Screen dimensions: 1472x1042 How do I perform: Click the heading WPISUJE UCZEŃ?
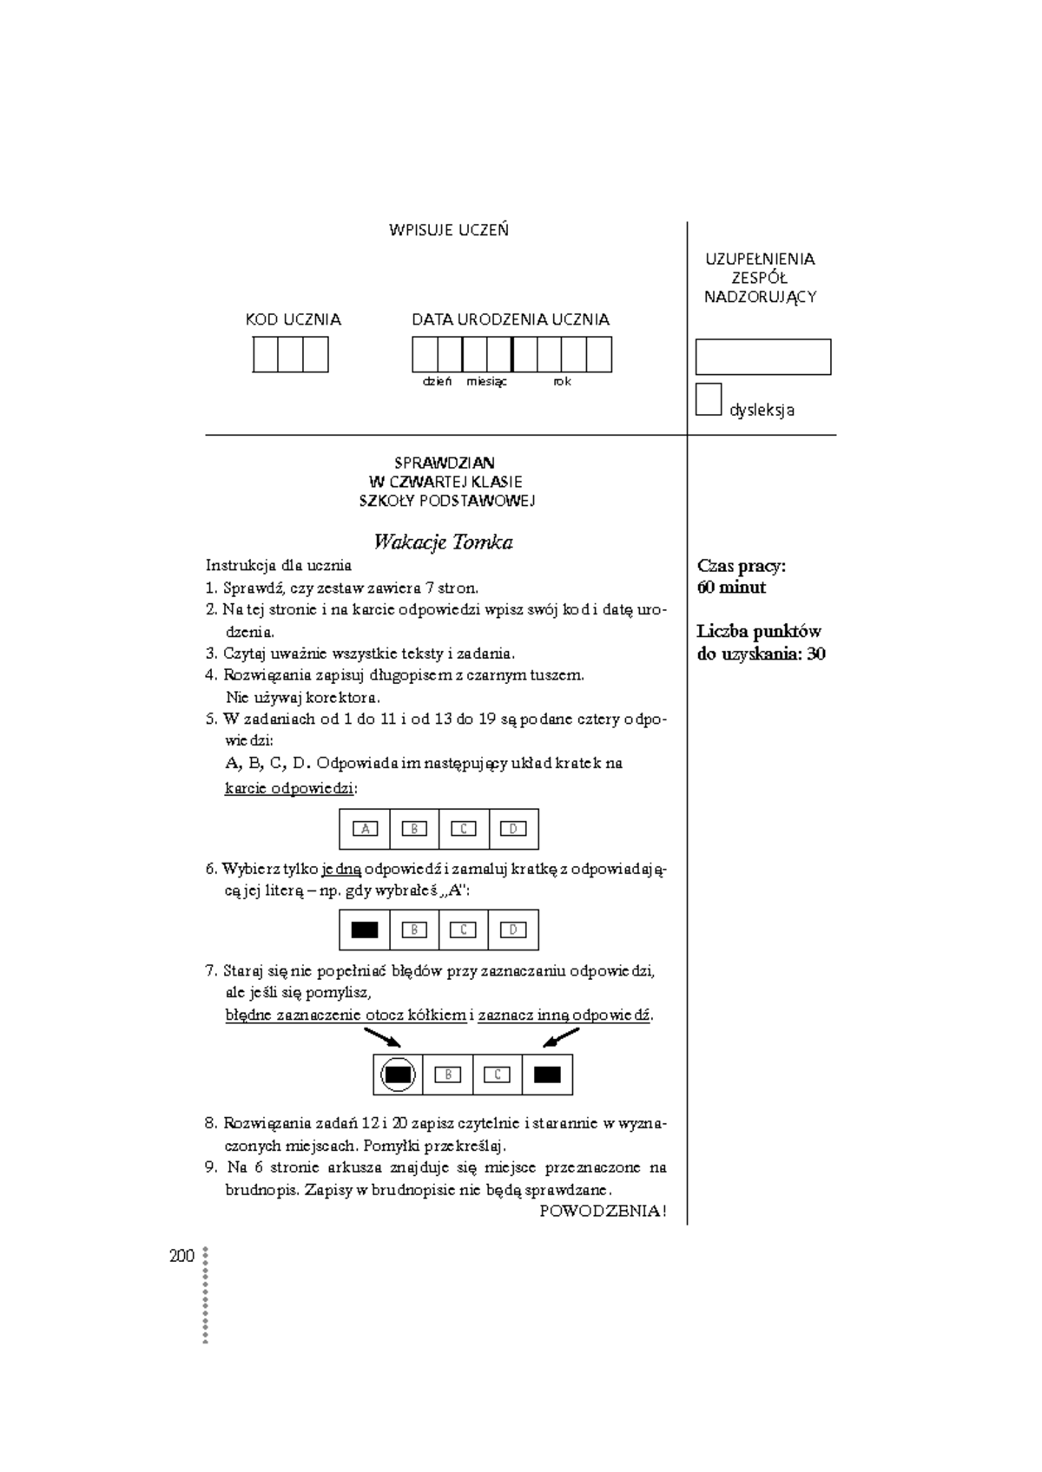click(448, 230)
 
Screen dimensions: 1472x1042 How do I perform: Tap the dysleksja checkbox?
click(709, 399)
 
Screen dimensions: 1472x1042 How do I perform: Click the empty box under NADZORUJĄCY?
click(762, 357)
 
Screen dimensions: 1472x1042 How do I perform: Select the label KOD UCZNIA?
click(293, 319)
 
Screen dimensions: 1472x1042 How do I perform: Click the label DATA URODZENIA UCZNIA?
click(511, 319)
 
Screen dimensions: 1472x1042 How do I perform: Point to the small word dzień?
click(437, 382)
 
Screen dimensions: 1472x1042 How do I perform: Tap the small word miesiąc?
click(486, 382)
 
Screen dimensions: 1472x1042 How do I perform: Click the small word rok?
click(562, 382)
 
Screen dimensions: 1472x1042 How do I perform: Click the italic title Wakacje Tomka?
click(443, 542)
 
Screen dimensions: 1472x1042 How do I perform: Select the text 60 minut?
click(731, 588)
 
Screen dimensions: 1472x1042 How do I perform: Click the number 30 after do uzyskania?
click(815, 654)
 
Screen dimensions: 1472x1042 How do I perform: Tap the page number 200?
click(181, 1256)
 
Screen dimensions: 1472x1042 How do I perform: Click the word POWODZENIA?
click(603, 1212)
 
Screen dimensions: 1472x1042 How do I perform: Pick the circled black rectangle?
click(398, 1074)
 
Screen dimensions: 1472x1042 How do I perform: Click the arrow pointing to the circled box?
click(382, 1037)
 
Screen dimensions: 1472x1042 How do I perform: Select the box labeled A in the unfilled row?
click(365, 829)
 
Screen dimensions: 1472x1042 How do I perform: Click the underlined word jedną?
click(341, 869)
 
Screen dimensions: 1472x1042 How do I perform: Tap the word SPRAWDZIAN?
click(445, 463)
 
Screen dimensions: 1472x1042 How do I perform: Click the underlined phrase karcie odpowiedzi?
click(289, 789)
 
